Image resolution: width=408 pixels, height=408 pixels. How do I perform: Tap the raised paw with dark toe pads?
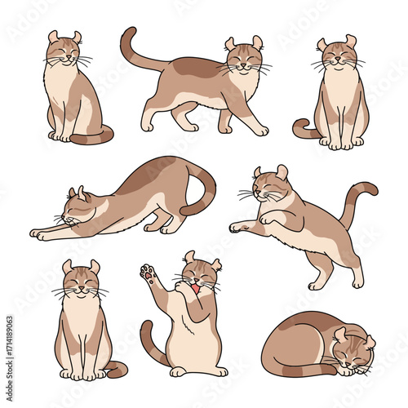148,273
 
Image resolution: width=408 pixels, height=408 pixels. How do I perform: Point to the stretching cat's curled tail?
202,192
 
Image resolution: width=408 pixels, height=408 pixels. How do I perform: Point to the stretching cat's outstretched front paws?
41,234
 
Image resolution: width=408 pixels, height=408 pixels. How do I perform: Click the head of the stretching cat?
75,208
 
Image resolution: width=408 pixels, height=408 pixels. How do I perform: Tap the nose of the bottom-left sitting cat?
79,288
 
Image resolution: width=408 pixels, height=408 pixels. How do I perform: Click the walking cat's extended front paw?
259,130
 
